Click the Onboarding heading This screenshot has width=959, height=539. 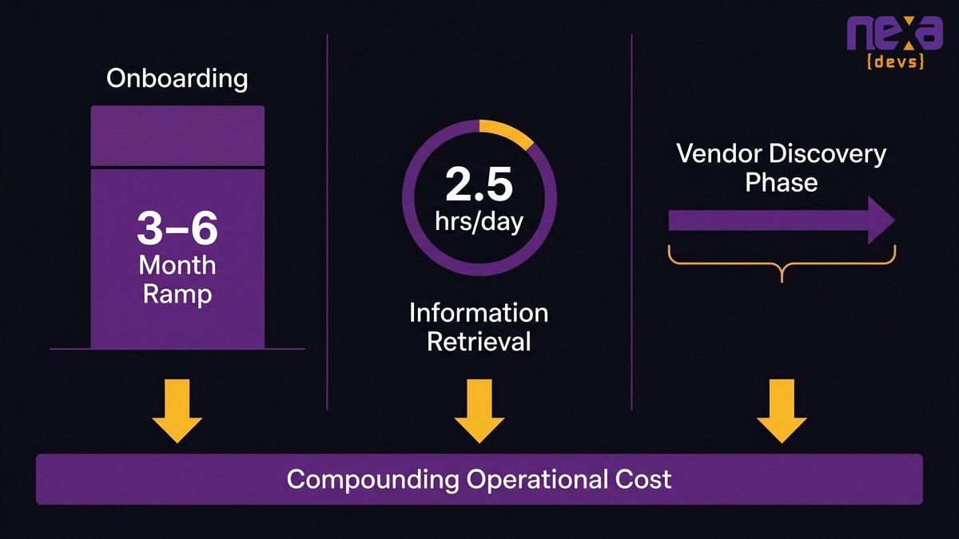point(177,79)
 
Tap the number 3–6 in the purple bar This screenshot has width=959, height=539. point(177,228)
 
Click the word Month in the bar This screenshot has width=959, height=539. point(177,265)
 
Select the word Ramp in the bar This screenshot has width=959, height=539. point(177,295)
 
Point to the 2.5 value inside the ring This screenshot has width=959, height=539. point(479,184)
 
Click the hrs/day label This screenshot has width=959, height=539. point(479,222)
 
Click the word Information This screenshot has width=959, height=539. point(479,313)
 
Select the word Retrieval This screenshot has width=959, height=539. point(479,342)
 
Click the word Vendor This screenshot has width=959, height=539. point(719,153)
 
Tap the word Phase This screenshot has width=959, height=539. point(782,183)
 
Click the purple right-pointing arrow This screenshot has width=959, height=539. point(782,220)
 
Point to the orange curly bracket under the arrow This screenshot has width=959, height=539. point(782,264)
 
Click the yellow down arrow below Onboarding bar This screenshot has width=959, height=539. point(177,410)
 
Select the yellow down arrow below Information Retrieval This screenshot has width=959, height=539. point(479,410)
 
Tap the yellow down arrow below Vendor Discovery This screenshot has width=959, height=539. point(782,410)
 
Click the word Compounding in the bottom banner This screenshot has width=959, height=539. point(373,480)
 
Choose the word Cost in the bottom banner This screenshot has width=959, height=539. point(643,479)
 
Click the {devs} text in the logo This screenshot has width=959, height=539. point(894,61)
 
